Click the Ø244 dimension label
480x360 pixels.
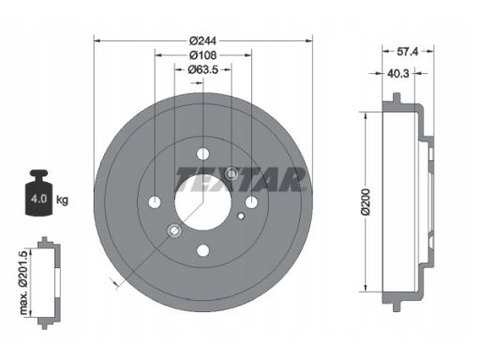tap(203, 40)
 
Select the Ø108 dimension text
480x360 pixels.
tap(203, 55)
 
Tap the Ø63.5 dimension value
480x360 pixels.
tap(203, 69)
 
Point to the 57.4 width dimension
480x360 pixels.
tap(408, 52)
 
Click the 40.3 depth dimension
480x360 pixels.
tap(398, 74)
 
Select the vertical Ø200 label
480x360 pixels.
tap(366, 202)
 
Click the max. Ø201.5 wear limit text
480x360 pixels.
tap(24, 282)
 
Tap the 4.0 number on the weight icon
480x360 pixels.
tap(38, 199)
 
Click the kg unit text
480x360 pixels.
tap(62, 200)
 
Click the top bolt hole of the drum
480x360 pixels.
tap(203, 154)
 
